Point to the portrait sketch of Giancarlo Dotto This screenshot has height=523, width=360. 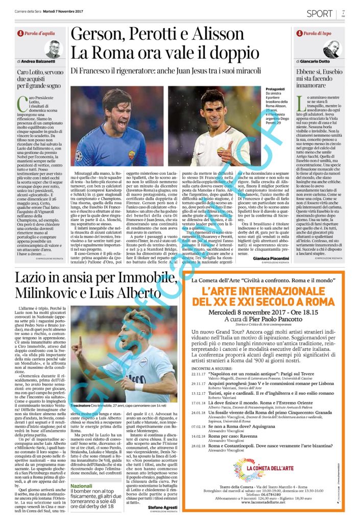[330, 49]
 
